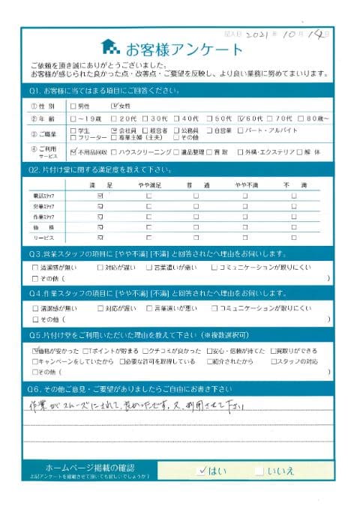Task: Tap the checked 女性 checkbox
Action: (x=113, y=106)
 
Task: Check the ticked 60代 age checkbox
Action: (x=239, y=118)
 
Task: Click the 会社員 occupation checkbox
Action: (x=113, y=130)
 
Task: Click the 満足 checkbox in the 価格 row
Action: (x=100, y=226)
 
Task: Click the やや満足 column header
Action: (x=148, y=183)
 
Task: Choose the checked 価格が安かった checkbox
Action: (x=35, y=350)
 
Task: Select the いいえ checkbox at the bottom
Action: (x=259, y=471)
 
